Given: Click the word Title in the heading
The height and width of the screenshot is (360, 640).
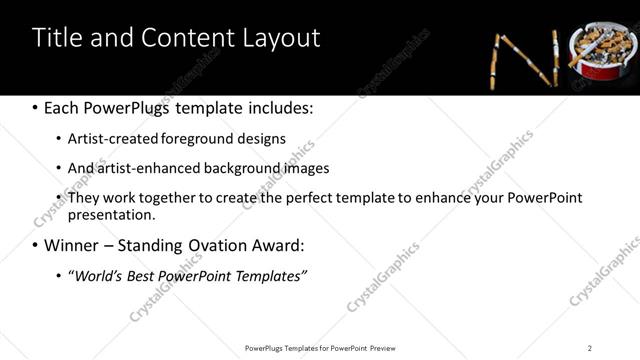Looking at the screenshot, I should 57,38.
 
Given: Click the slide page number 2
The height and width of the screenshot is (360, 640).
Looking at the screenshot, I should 590,347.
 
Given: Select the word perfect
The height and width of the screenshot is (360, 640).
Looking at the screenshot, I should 304,197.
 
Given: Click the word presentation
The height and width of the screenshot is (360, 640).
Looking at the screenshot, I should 110,214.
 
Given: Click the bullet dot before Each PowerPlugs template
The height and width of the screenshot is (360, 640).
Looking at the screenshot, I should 36,107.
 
